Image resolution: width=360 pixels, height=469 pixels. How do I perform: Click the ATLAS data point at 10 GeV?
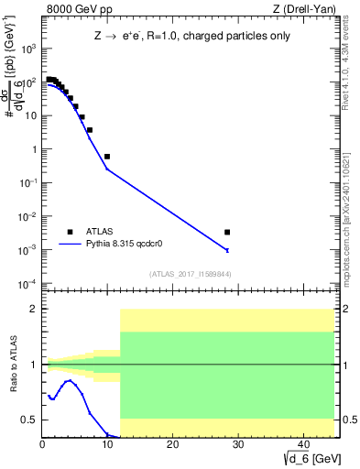tap(107, 157)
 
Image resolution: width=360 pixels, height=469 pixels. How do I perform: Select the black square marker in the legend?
tap(70, 233)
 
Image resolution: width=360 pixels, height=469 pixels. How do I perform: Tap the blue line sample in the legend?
tap(70, 245)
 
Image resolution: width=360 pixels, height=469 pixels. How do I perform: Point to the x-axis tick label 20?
tap(172, 445)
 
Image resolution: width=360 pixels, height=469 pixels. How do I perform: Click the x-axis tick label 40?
tap(301, 445)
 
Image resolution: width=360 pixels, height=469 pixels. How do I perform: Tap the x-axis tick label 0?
tap(43, 445)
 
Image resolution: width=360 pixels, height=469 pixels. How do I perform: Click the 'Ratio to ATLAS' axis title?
tap(14, 365)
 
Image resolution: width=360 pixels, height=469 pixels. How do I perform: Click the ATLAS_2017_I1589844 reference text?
tap(190, 274)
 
